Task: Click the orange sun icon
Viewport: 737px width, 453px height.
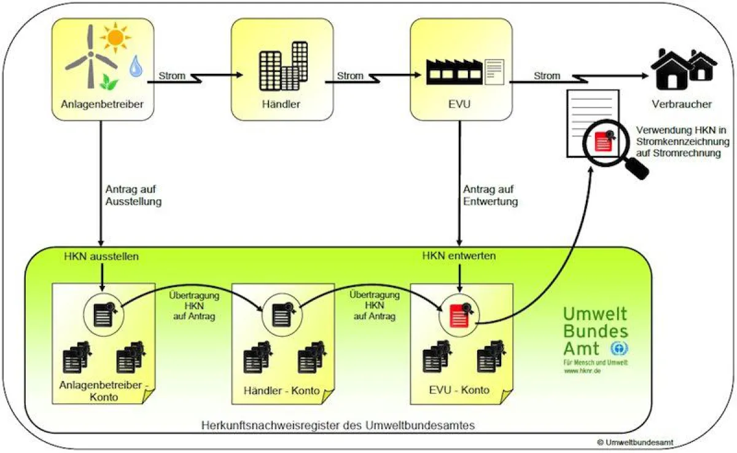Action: point(115,37)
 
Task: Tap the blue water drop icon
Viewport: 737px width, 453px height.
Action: point(136,66)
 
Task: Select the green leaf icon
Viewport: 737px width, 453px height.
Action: point(109,82)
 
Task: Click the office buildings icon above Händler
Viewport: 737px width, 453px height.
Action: point(283,66)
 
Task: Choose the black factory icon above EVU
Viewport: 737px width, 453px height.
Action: point(454,72)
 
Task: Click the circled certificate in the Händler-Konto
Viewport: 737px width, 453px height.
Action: point(283,315)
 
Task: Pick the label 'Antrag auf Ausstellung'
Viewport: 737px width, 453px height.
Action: point(133,195)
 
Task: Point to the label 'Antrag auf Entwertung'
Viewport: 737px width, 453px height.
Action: point(490,195)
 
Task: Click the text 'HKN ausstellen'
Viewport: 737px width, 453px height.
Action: point(101,256)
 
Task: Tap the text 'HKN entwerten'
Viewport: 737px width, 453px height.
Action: point(459,256)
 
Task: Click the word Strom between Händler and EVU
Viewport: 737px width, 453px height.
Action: point(349,76)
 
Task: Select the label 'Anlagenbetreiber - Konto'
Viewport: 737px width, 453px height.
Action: point(104,391)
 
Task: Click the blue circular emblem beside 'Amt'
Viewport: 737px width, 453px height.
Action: point(619,349)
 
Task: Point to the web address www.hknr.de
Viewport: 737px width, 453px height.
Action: point(583,371)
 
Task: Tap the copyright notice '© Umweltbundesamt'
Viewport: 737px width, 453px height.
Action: point(635,443)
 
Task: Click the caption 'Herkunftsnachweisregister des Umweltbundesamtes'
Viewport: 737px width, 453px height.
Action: point(338,425)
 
